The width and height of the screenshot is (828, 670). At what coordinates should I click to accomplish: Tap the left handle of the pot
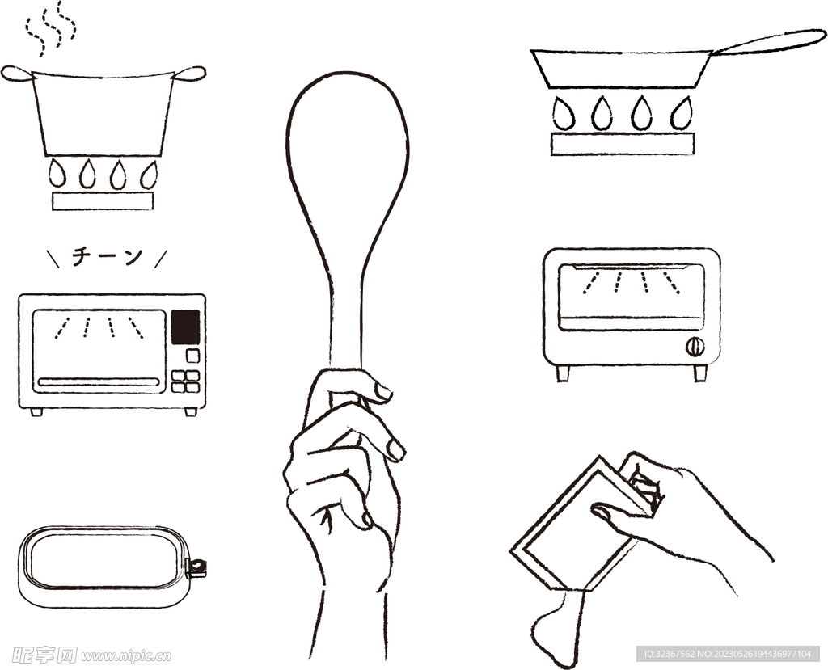pos(17,74)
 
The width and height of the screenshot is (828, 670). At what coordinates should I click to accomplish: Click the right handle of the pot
pos(190,74)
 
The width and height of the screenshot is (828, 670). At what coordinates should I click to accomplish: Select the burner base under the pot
pos(103,200)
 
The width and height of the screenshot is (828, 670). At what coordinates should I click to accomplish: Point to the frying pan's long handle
pos(769,42)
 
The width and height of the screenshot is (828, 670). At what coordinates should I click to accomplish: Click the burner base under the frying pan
pos(623,144)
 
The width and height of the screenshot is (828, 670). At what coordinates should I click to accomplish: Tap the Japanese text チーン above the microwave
pos(108,257)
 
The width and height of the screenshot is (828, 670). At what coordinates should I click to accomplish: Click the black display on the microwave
pos(185,327)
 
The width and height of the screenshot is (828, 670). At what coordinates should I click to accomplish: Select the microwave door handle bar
pos(99,381)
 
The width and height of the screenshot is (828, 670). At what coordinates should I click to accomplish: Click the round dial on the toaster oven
pos(695,347)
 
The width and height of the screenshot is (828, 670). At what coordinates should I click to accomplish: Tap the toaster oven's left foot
pos(563,373)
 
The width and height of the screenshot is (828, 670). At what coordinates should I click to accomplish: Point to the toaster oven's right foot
pos(700,373)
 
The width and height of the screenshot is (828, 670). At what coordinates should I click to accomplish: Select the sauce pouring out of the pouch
pos(558,628)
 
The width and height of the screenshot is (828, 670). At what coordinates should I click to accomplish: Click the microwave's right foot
pos(191,412)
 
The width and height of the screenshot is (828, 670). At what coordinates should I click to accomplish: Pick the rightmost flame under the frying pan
pos(682,113)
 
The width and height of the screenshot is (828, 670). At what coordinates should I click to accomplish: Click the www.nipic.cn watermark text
pos(126,656)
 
